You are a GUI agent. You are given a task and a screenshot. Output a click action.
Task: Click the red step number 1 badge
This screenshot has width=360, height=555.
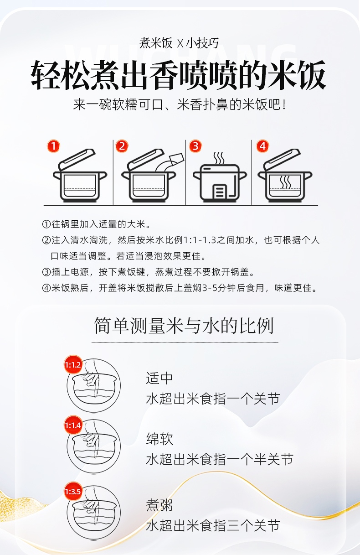tap(53, 146)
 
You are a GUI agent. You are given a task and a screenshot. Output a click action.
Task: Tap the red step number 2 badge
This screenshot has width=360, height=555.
tap(122, 146)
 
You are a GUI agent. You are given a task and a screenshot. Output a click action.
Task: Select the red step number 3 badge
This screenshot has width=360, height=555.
tap(195, 146)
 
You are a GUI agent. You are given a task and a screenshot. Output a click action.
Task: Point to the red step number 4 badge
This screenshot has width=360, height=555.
tap(262, 146)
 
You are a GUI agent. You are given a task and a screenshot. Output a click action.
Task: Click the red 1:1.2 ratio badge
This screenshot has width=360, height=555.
tap(73, 365)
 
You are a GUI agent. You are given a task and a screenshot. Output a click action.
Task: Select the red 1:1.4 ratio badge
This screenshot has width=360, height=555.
tap(73, 425)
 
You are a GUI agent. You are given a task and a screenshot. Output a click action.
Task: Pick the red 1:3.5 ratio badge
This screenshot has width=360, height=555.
tap(73, 491)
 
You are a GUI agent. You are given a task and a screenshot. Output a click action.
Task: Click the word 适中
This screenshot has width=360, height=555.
tap(159, 378)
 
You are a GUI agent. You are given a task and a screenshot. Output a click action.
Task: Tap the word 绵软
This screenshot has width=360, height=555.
tap(159, 439)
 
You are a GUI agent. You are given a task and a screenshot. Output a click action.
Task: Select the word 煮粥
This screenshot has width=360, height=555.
tap(159, 505)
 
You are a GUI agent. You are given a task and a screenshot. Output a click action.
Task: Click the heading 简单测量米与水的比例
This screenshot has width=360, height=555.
tap(184, 326)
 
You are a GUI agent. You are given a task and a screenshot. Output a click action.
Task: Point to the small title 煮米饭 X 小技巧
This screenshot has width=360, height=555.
tap(179, 43)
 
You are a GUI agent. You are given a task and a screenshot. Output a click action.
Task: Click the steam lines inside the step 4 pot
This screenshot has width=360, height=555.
tap(285, 182)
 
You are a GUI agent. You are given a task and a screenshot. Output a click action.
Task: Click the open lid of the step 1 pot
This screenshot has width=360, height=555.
tap(77, 159)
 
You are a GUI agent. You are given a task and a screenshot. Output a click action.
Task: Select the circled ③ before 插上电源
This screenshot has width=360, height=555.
tap(46, 272)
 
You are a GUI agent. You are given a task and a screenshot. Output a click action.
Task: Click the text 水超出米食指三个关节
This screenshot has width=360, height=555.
tap(213, 525)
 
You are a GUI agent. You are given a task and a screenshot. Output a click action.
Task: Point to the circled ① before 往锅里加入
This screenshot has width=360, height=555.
tap(46, 224)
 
